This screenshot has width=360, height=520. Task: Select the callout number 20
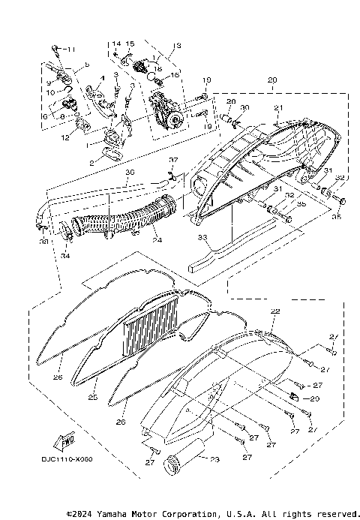coord(271,80)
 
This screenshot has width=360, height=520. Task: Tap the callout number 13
coord(176,46)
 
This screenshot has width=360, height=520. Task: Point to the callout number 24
coord(156,241)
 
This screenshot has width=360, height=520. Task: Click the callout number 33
coord(201,236)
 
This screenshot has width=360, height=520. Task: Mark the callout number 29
coord(315,399)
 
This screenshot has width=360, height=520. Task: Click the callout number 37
coord(172,161)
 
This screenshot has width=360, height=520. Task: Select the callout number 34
coord(65,256)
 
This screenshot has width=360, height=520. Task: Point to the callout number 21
coord(277,108)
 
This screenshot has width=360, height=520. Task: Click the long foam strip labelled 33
coord(225,251)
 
